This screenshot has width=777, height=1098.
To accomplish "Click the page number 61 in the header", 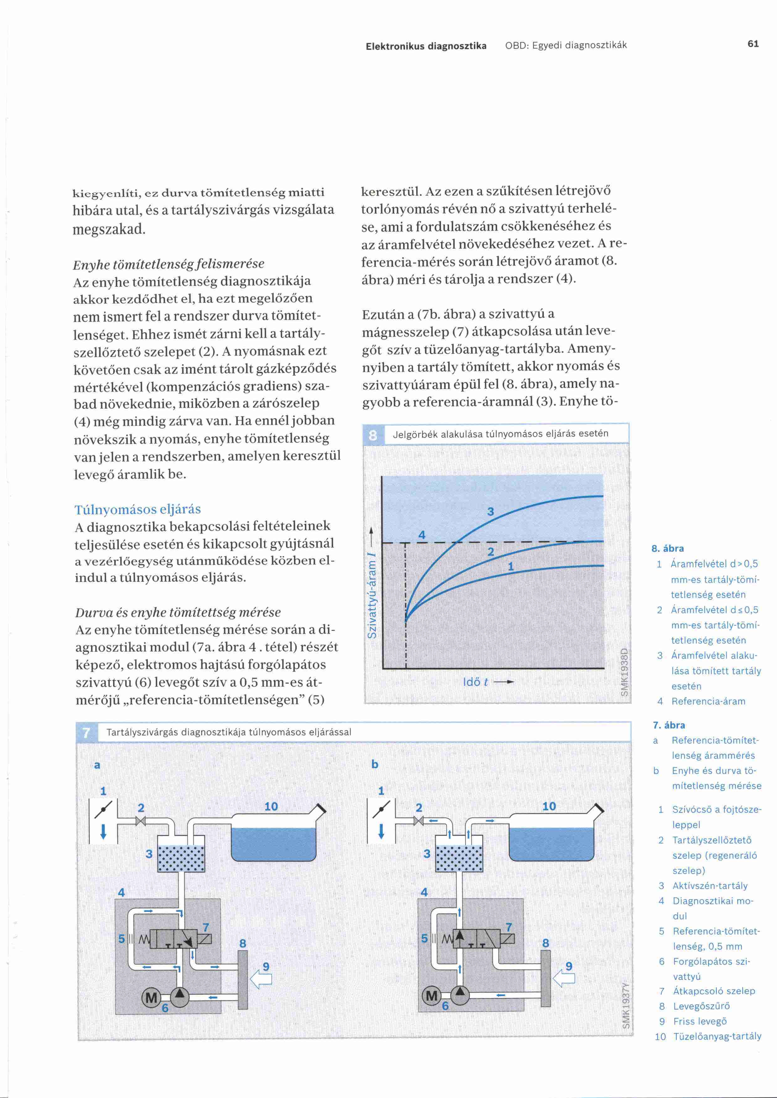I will tap(753, 44).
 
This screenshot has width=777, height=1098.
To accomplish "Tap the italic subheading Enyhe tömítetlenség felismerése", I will tap(169, 264).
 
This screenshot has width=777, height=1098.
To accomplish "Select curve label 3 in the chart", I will tap(490, 512).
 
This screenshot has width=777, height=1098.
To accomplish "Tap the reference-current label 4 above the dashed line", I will tap(421, 535).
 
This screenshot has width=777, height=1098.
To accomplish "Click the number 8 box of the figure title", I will tap(373, 435).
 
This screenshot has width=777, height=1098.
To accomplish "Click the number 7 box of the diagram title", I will tap(86, 732).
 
